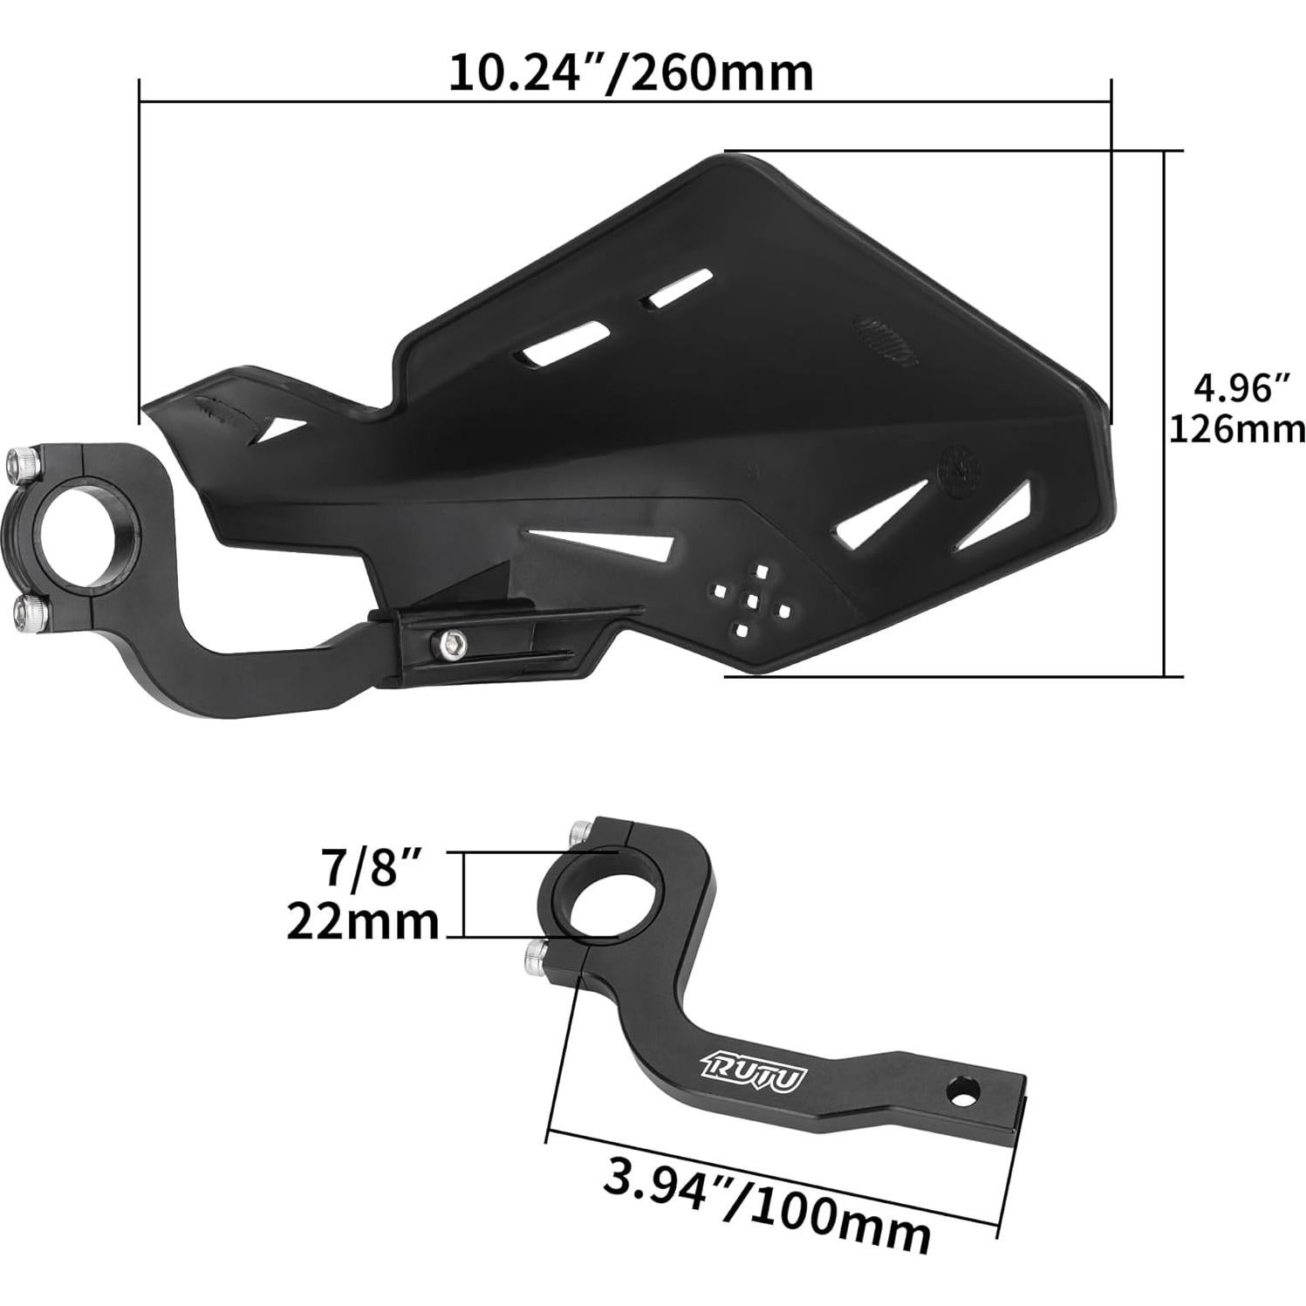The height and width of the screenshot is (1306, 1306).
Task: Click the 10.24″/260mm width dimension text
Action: [630, 73]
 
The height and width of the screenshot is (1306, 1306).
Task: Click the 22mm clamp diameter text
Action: [363, 921]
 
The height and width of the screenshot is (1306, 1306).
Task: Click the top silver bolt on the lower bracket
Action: [580, 831]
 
